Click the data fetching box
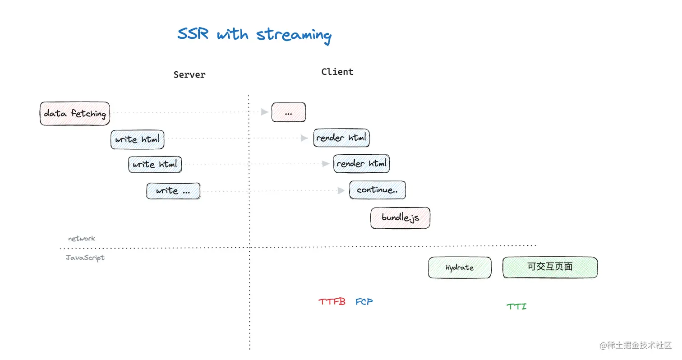[75, 113]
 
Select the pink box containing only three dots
[288, 112]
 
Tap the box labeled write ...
[173, 191]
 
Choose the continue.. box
[377, 190]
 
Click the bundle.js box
[400, 218]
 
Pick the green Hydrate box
[460, 268]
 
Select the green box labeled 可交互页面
[550, 267]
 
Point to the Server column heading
[189, 75]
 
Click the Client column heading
[337, 72]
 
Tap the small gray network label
[82, 238]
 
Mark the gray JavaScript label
[85, 258]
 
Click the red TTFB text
[332, 302]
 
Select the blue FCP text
[364, 301]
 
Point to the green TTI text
[516, 307]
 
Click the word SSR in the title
[193, 34]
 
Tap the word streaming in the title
[294, 35]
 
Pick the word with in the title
[232, 34]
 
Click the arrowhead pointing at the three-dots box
[265, 112]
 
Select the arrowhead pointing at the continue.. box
[341, 191]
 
